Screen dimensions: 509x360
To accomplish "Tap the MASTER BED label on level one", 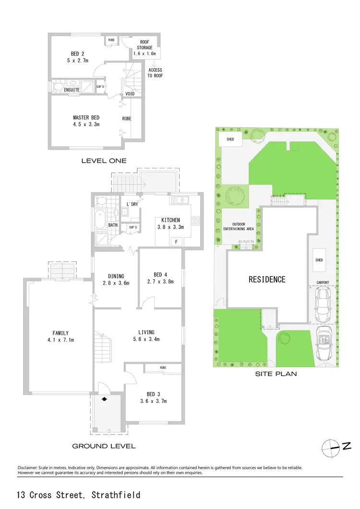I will click(x=86, y=118).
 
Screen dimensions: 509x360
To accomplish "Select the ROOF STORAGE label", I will click(x=145, y=48).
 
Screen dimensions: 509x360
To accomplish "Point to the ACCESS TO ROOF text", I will click(x=155, y=73).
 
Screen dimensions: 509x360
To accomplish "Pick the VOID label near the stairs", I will click(x=130, y=94).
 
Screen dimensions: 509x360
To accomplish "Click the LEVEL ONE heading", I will click(x=104, y=161).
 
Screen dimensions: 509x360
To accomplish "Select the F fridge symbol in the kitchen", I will click(x=176, y=242).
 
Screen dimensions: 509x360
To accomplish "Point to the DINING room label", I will click(x=116, y=276).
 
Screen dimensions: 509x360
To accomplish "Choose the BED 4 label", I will click(x=159, y=276).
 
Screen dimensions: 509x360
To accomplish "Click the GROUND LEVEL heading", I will click(x=104, y=446).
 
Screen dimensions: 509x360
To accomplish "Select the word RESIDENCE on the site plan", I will click(x=267, y=279).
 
